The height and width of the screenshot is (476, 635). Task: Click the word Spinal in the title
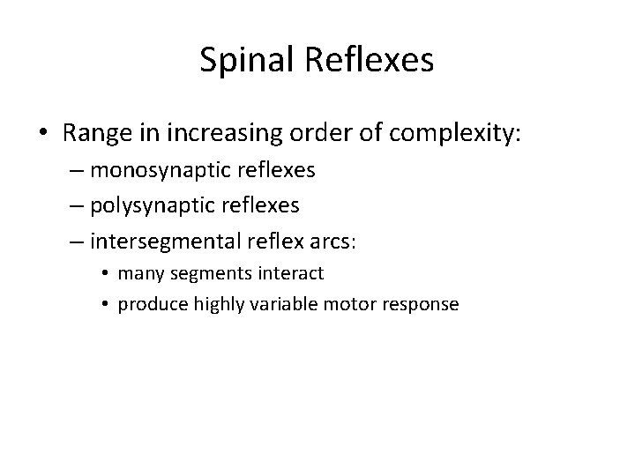(246, 61)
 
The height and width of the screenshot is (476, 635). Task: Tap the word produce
(147, 304)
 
